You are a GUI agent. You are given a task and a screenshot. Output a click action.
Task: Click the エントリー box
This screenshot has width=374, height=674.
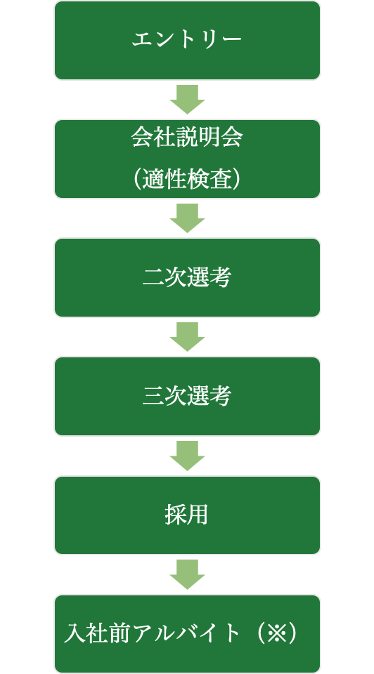pos(187,41)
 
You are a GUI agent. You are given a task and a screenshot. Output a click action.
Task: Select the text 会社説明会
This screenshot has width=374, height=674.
pos(187,138)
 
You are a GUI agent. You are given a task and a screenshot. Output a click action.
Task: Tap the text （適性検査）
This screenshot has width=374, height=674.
pos(187,179)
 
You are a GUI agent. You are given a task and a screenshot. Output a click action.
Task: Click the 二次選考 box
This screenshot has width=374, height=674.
pos(187,278)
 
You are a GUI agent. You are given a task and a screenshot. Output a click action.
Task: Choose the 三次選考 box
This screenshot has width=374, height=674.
pos(187,396)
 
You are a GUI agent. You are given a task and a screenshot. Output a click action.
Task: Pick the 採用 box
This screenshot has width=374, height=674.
pos(187,515)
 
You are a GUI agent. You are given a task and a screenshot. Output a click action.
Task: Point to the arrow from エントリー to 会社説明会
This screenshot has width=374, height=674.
pos(187,100)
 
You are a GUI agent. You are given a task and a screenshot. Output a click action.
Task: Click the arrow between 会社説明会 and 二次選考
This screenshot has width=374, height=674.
pos(187,218)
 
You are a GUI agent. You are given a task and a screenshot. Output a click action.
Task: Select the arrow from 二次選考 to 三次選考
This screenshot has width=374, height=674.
pos(187,337)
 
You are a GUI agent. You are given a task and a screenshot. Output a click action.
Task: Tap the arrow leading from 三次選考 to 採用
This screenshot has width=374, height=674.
pos(187,456)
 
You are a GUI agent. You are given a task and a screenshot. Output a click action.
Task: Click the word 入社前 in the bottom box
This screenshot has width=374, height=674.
pos(98,633)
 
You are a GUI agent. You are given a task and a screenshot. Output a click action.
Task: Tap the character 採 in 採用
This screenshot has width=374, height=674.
pos(176,515)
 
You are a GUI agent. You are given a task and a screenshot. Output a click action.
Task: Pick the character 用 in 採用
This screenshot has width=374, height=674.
pos(198,515)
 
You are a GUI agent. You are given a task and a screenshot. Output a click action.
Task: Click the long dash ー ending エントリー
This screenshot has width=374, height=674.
pos(231,40)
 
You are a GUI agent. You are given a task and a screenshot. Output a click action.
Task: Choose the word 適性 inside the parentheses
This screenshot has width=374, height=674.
pos(165,179)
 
